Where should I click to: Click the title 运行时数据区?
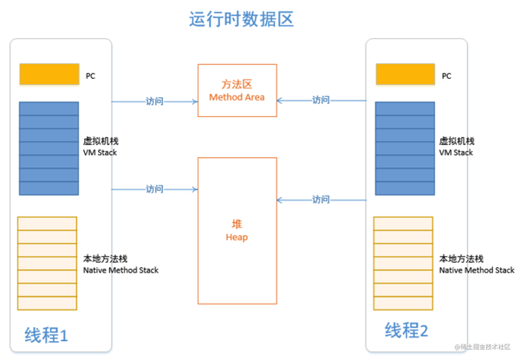241,19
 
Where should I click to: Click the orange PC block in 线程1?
49,74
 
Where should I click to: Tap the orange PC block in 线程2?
406,74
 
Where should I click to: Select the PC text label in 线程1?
90,76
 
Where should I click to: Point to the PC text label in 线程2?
446,76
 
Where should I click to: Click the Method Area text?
237,97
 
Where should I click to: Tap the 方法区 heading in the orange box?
237,84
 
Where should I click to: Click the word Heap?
237,237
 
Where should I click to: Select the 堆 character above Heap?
237,225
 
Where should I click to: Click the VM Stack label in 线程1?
100,153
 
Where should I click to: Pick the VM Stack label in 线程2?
456,153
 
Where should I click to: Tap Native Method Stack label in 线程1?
120,271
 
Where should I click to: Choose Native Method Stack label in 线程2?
477,271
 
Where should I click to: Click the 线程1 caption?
46,335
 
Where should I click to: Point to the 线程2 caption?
406,331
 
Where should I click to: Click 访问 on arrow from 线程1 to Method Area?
155,101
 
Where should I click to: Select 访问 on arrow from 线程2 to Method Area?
321,100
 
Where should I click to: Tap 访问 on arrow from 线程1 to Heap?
155,189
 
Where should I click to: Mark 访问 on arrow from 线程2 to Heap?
321,200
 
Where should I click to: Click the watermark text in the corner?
482,347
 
